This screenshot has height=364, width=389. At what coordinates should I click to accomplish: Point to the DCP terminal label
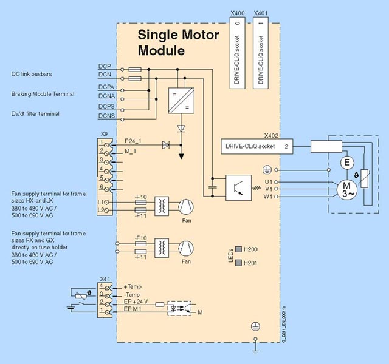(x=104, y=66)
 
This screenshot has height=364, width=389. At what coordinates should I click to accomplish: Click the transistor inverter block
(x=238, y=188)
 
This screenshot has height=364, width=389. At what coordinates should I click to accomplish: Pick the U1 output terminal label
(x=268, y=181)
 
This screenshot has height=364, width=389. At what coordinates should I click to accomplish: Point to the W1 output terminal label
(x=268, y=197)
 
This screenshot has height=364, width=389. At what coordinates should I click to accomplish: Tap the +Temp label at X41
(x=133, y=286)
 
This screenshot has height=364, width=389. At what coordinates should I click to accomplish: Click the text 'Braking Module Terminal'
(x=43, y=94)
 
